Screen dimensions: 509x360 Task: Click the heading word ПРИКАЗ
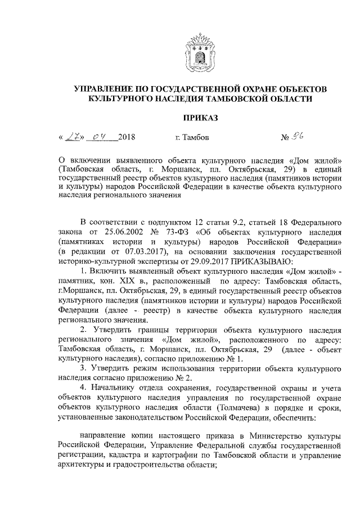(x=199, y=117)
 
